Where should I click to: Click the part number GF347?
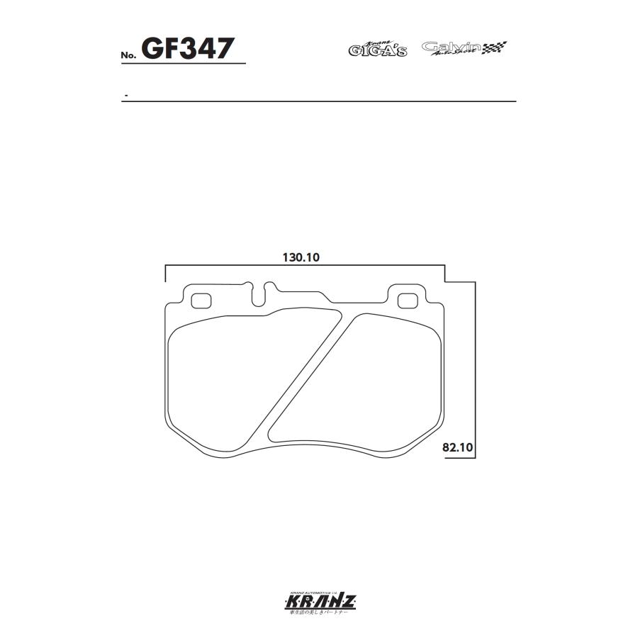pos(187,49)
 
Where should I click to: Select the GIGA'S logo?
pos(377,49)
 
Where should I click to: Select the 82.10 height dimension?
pos(457,448)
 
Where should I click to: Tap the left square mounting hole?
pos(201,300)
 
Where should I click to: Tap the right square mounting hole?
pos(407,301)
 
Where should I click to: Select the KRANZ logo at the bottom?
pos(320,603)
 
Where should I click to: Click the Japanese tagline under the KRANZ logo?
pos(320,614)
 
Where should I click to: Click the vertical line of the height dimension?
pos(475,369)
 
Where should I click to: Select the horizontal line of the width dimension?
pos(305,267)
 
